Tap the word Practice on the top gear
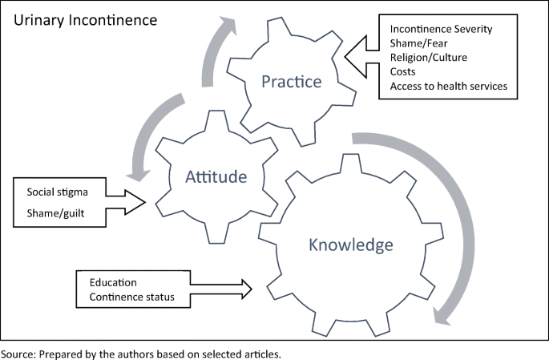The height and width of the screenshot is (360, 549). point(291,81)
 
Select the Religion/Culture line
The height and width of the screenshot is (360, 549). point(430,58)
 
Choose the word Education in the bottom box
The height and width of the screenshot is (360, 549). point(113,283)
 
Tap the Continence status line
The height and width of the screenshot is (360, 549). point(132,298)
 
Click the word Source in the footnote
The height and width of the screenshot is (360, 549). point(18,353)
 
